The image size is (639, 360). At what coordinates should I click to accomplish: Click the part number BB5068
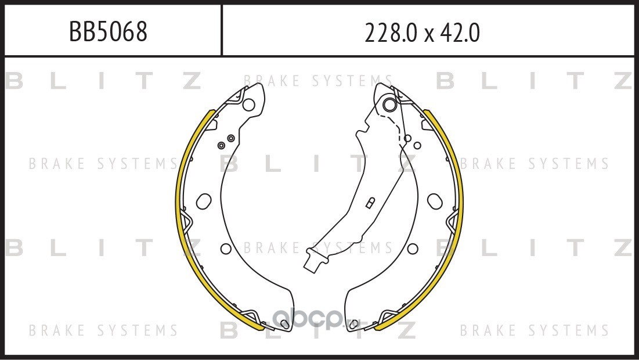coord(108,32)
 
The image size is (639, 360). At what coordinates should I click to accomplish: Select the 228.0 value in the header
coord(391,33)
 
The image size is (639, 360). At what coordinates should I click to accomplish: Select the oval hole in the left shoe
coord(204,201)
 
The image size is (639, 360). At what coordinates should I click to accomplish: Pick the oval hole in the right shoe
coord(435,201)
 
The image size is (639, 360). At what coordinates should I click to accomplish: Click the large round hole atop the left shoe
coord(248,105)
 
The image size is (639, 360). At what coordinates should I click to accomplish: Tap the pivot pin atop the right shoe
coord(390,105)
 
